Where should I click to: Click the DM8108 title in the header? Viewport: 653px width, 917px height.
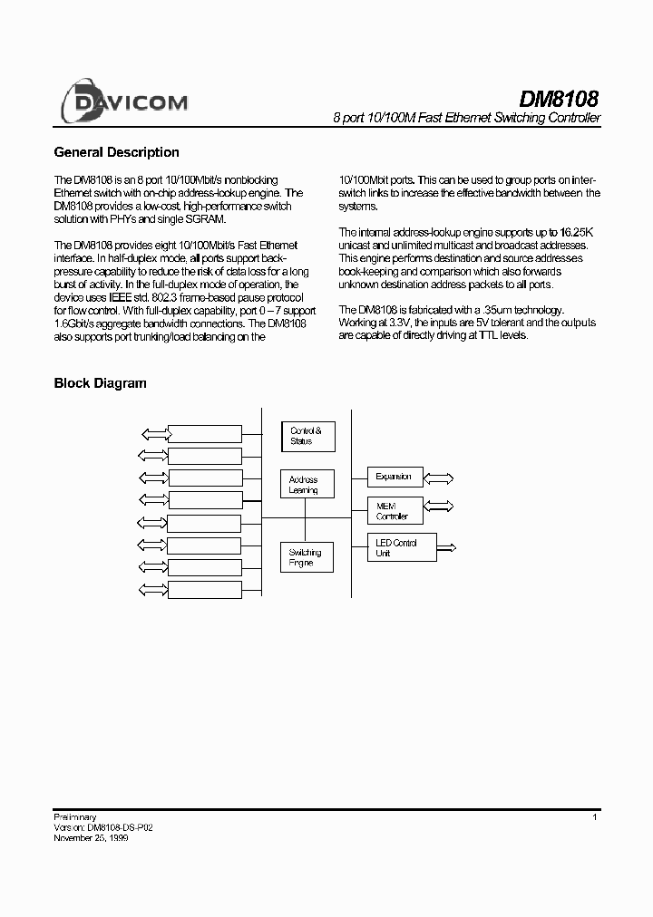click(x=559, y=98)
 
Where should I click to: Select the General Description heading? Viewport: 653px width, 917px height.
click(x=117, y=152)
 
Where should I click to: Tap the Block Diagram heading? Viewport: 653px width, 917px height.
click(x=100, y=383)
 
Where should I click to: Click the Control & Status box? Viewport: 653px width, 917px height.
click(x=307, y=436)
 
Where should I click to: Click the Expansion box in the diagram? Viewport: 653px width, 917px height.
click(x=394, y=477)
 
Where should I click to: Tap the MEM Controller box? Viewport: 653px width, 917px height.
click(x=394, y=510)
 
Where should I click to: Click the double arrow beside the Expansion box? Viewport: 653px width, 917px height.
click(x=442, y=477)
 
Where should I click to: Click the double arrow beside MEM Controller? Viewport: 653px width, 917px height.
click(x=442, y=510)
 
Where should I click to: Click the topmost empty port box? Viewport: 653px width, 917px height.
click(x=204, y=433)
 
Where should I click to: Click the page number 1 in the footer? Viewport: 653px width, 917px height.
click(x=594, y=817)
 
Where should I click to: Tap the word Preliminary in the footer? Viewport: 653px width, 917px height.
click(x=75, y=817)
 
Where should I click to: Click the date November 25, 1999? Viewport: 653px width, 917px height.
click(x=92, y=839)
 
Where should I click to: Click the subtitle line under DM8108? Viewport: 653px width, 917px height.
click(x=467, y=119)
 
